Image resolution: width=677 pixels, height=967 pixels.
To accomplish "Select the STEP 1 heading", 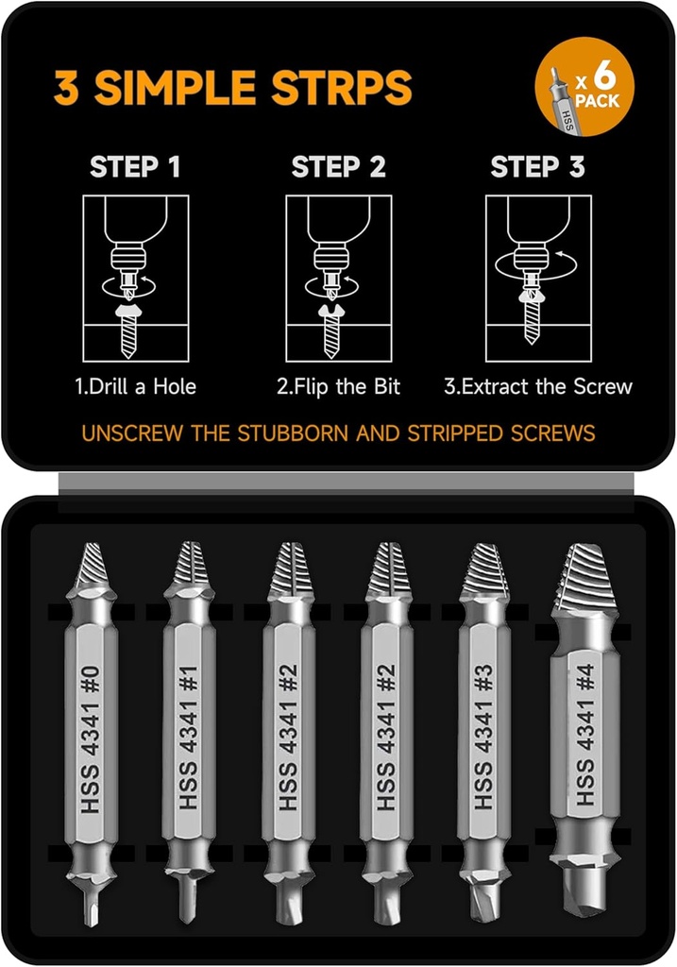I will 135,168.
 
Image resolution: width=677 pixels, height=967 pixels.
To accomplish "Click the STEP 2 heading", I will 338,168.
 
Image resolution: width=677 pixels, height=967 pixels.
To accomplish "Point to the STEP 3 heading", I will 537,168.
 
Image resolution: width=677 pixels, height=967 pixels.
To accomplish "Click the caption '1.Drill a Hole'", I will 136,386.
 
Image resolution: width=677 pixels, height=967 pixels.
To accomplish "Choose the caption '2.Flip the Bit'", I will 338,386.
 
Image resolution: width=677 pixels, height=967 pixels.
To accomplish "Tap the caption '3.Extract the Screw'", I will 538,386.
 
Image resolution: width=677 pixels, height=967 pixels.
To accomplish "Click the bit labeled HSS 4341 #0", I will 90,737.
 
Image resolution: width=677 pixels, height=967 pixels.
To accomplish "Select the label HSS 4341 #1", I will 188,737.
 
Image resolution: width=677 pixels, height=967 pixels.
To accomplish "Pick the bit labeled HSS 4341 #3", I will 483,737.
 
